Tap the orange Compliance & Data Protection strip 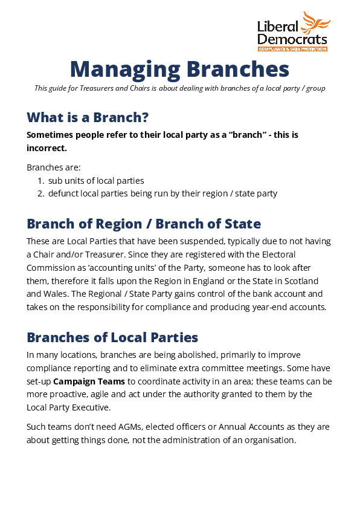click(x=292, y=48)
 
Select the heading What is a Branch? click(x=88, y=117)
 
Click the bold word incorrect click(x=47, y=148)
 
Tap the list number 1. click(x=40, y=181)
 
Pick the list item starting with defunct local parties click(x=162, y=193)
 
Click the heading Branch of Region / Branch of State click(x=144, y=224)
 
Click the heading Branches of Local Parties click(x=112, y=337)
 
